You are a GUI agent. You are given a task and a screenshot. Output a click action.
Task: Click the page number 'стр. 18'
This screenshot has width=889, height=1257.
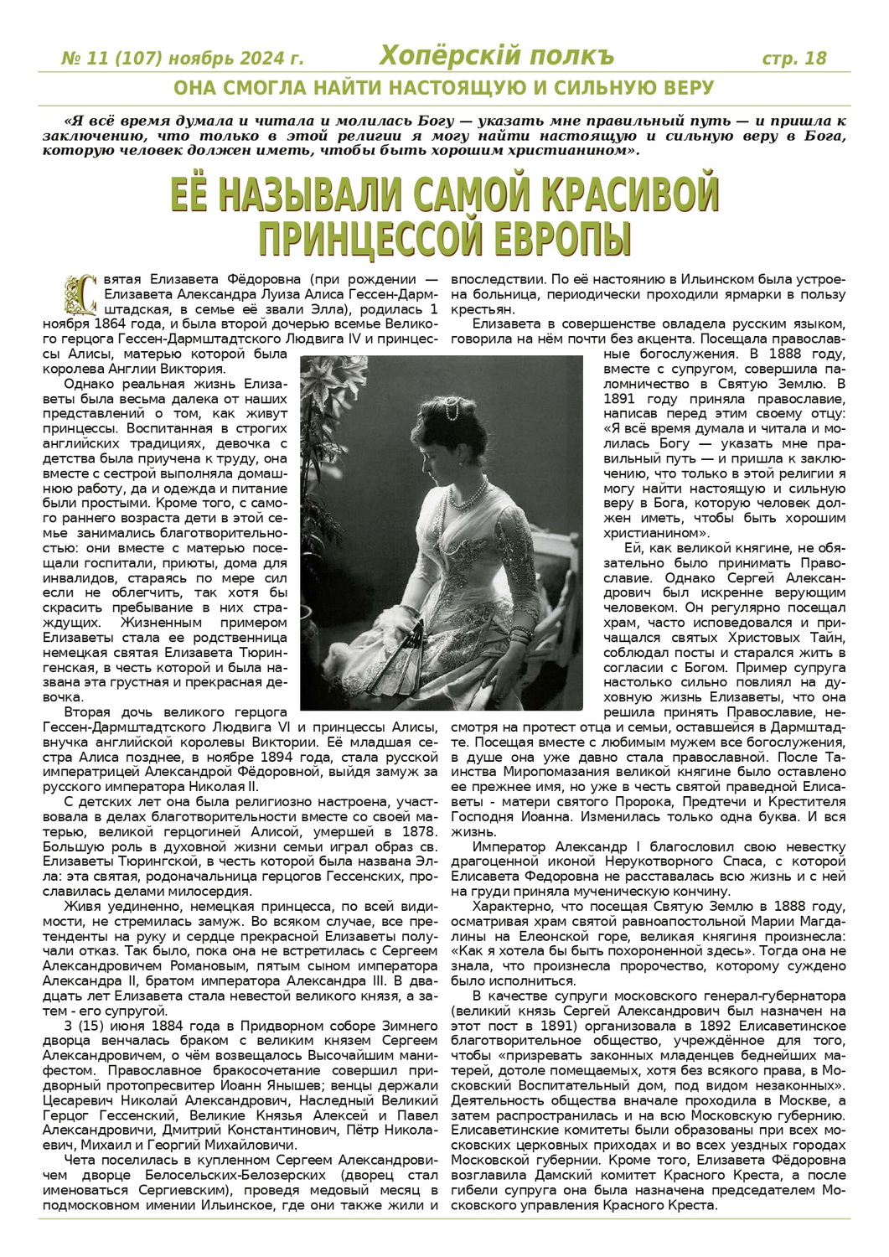(793, 58)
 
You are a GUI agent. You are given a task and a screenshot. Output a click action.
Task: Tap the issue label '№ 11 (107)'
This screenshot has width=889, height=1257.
(111, 59)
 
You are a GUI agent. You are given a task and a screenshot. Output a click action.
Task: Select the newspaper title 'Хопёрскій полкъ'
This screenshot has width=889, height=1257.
(496, 56)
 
